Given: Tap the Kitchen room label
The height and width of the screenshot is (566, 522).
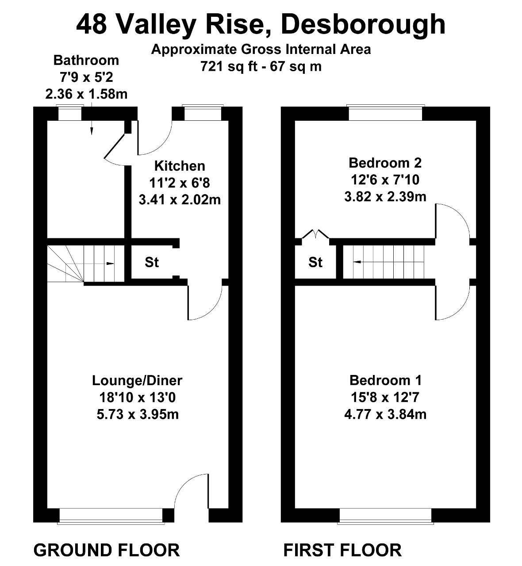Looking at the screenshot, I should [180, 166].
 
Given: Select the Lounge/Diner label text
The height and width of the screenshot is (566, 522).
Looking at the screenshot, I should [137, 380].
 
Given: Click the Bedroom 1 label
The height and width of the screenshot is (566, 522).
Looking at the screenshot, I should [385, 380].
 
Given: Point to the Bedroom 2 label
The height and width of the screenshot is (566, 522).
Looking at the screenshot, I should [385, 163].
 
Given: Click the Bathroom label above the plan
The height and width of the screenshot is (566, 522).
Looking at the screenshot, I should [86, 60].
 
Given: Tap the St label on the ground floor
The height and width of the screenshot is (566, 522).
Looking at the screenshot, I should [152, 262].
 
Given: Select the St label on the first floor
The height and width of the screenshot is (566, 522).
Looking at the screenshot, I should [315, 262].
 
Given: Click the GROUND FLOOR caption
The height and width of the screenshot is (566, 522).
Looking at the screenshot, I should [107, 550].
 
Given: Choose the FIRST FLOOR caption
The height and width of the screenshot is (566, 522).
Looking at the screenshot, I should [342, 550].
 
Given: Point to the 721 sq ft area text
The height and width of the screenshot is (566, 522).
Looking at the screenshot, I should [261, 66].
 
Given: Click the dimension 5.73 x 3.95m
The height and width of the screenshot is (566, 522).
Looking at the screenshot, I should [137, 414].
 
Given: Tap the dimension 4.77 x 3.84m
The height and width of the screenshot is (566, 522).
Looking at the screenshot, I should [385, 414].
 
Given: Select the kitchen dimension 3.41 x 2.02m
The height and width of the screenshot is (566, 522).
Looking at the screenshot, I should [180, 199].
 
